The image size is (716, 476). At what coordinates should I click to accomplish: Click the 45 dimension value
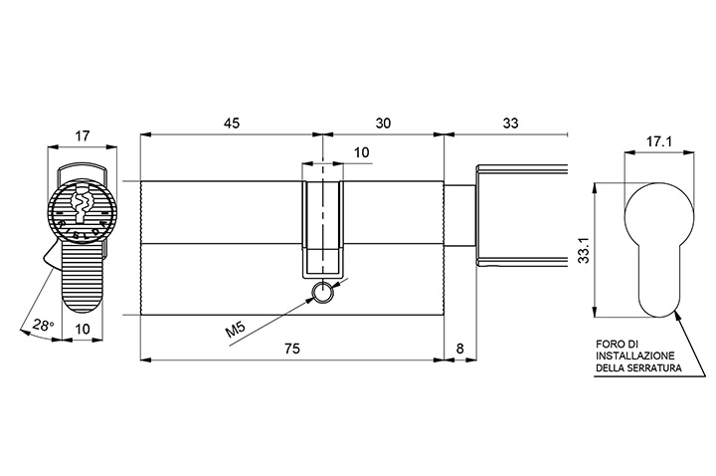pyautogui.click(x=231, y=123)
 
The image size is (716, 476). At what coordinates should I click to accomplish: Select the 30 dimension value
pyautogui.click(x=383, y=123)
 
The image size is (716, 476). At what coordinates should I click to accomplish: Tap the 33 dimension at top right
pyautogui.click(x=510, y=123)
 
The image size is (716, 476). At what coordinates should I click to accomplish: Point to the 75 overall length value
pyautogui.click(x=292, y=349)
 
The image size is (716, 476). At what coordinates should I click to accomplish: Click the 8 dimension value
pyautogui.click(x=459, y=349)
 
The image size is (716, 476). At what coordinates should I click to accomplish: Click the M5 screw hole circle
pyautogui.click(x=323, y=292)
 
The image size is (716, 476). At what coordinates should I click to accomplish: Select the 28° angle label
pyautogui.click(x=44, y=326)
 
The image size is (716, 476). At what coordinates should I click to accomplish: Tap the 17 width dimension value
pyautogui.click(x=83, y=135)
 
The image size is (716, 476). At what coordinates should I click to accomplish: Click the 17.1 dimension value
pyautogui.click(x=658, y=141)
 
